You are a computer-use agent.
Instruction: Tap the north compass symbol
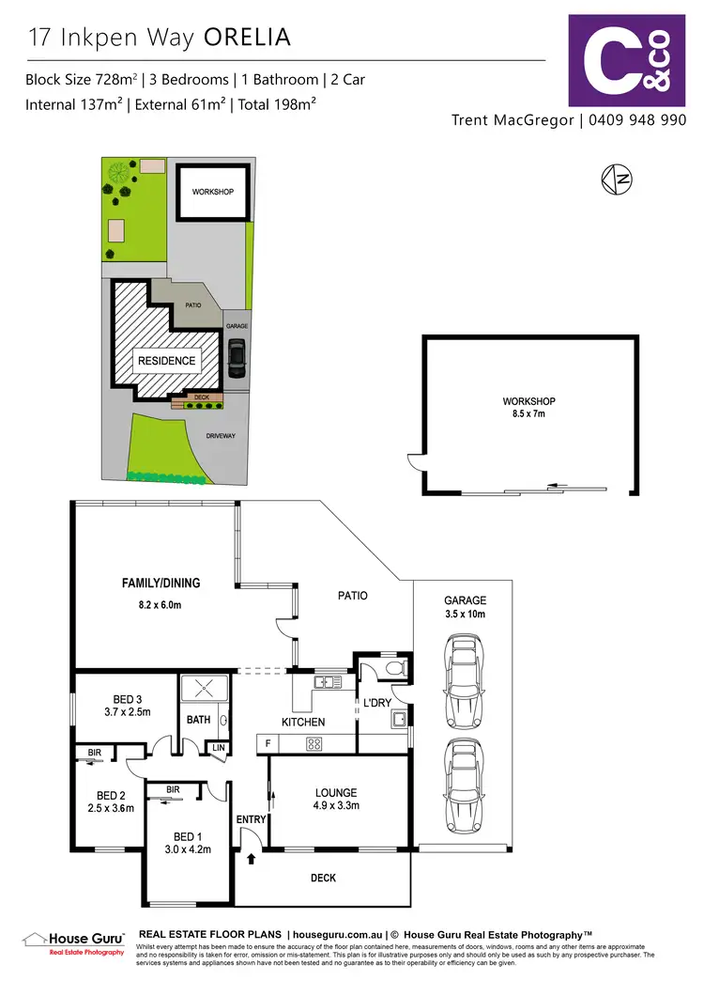pyautogui.click(x=616, y=179)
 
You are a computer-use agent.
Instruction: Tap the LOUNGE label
pyautogui.click(x=335, y=792)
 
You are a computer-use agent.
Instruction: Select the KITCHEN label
pyautogui.click(x=303, y=722)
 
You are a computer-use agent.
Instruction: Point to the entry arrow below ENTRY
pyautogui.click(x=252, y=857)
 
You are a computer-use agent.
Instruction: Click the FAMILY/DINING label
pyautogui.click(x=161, y=584)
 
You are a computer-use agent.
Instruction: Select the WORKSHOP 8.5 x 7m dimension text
pyautogui.click(x=529, y=413)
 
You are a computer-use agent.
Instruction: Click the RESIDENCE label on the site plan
pyautogui.click(x=167, y=361)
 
